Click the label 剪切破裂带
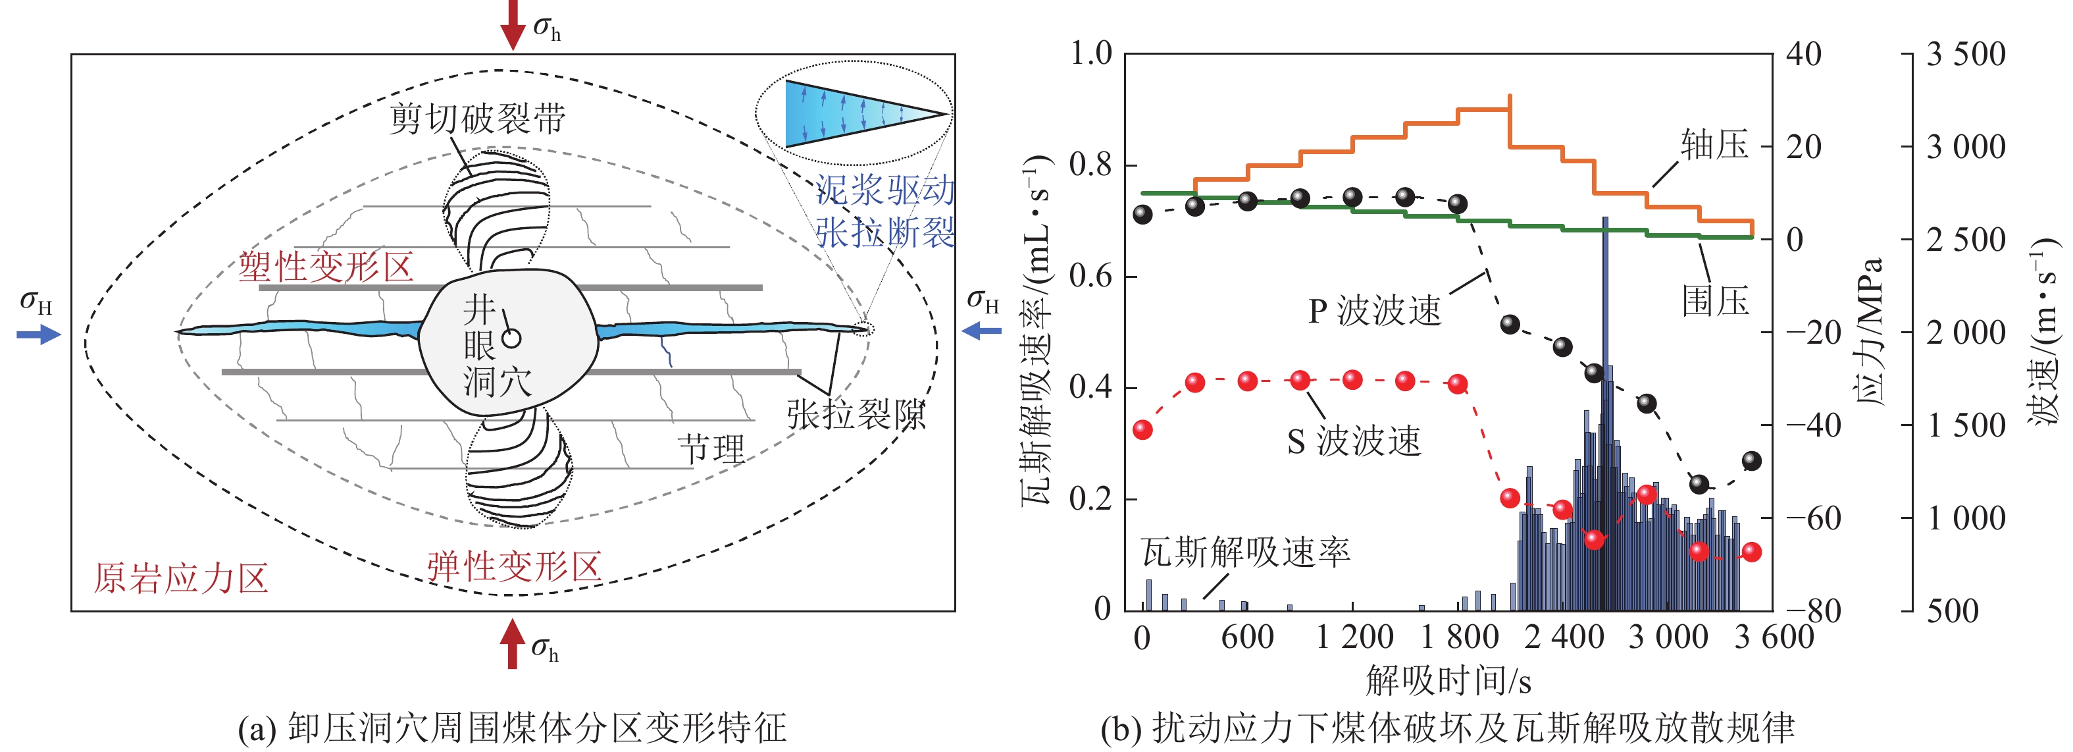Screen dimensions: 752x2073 [x=477, y=119]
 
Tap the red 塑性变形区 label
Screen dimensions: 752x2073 [x=326, y=267]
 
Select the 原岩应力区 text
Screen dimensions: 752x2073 [x=180, y=578]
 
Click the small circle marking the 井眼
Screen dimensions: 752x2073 [x=511, y=338]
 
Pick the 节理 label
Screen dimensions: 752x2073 [x=711, y=449]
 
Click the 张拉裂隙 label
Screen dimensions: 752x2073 [x=856, y=416]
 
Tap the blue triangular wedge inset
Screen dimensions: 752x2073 [x=853, y=113]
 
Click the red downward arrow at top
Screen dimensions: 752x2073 [x=513, y=24]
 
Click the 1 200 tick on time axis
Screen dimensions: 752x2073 [x=1354, y=637]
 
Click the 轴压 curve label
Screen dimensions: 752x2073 [x=1714, y=145]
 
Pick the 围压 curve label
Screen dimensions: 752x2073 [x=1715, y=301]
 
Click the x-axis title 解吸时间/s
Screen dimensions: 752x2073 [x=1448, y=681]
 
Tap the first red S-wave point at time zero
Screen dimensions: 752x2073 [x=1142, y=430]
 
